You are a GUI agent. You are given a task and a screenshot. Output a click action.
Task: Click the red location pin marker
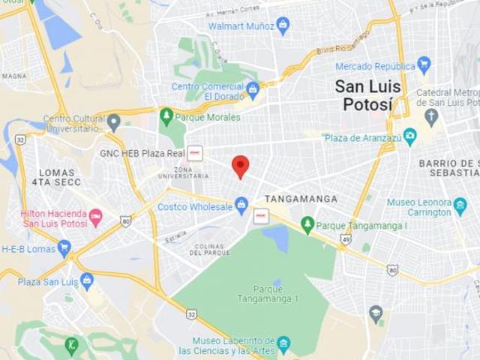coord(240,166)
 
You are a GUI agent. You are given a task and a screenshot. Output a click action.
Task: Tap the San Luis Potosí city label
coord(367,95)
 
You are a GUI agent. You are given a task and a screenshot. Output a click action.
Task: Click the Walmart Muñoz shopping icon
coord(283,26)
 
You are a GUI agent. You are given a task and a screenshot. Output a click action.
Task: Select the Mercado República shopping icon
coord(424,65)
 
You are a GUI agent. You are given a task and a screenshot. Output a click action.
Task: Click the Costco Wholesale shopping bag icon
coord(241,205)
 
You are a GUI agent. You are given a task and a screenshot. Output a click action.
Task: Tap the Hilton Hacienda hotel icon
coord(96,217)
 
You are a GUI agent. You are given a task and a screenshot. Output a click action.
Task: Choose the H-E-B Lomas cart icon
coord(64,247)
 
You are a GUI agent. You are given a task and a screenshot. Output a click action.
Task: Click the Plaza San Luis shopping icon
coord(87,281)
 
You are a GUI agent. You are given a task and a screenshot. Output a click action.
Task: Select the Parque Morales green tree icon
coord(166,116)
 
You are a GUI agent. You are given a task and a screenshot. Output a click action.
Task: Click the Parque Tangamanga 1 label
coord(268,293)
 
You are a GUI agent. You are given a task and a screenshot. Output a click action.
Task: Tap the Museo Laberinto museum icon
coord(283,344)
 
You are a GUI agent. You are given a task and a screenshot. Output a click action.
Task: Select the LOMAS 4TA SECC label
coord(56,177)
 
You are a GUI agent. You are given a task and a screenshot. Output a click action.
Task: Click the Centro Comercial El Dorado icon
coord(253,90)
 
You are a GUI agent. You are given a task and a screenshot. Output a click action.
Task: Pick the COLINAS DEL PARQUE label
coord(209,250)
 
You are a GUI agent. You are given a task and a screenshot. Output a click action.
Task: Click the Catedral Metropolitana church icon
coord(430,116)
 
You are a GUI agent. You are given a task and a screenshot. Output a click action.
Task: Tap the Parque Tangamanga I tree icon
coord(307,225)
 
